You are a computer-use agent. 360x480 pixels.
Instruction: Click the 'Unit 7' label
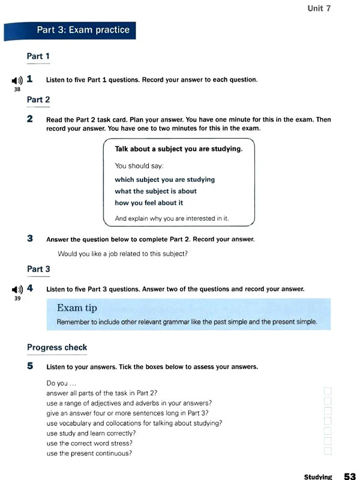click(319, 8)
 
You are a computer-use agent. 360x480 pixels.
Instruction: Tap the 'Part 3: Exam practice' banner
click(83, 29)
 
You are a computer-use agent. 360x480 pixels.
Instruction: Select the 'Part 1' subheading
click(38, 56)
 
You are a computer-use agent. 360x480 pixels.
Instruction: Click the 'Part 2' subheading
click(38, 100)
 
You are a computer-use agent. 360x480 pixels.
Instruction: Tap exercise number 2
click(30, 119)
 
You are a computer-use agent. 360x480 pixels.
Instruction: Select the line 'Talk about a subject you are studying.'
click(178, 149)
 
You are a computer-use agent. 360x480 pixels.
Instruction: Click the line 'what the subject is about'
click(155, 191)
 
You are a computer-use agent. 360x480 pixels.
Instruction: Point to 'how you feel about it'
click(149, 203)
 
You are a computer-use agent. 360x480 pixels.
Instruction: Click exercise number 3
click(30, 238)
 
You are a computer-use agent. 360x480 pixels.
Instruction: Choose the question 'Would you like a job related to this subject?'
click(122, 253)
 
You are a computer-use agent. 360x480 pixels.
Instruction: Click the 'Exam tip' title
click(77, 308)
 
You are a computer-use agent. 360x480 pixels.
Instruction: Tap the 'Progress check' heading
click(57, 347)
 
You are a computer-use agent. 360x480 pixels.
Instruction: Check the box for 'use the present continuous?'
click(328, 453)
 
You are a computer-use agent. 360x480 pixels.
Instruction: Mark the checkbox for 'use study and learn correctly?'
click(328, 433)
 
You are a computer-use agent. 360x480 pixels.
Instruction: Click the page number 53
click(350, 476)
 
